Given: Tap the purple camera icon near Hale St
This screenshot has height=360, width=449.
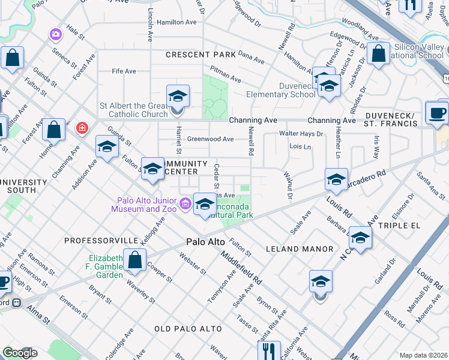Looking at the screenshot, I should coord(56,34).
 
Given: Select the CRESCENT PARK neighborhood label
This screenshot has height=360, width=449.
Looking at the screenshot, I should coord(202,55).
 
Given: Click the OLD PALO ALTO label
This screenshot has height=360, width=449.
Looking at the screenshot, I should coord(188,329).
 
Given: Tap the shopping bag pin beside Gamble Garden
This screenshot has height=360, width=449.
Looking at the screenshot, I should coord(135,260).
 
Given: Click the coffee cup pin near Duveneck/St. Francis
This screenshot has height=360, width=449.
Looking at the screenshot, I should coord(437,112).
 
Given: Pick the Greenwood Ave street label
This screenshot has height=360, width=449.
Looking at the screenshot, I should coord(210,139).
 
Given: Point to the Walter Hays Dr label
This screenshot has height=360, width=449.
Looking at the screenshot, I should coord(301,134).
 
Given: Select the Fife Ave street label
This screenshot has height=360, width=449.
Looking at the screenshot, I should coord(124,71).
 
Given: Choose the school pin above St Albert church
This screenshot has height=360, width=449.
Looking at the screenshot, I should coord(177,97).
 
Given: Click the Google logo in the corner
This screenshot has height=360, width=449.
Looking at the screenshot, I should coord(20,353).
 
